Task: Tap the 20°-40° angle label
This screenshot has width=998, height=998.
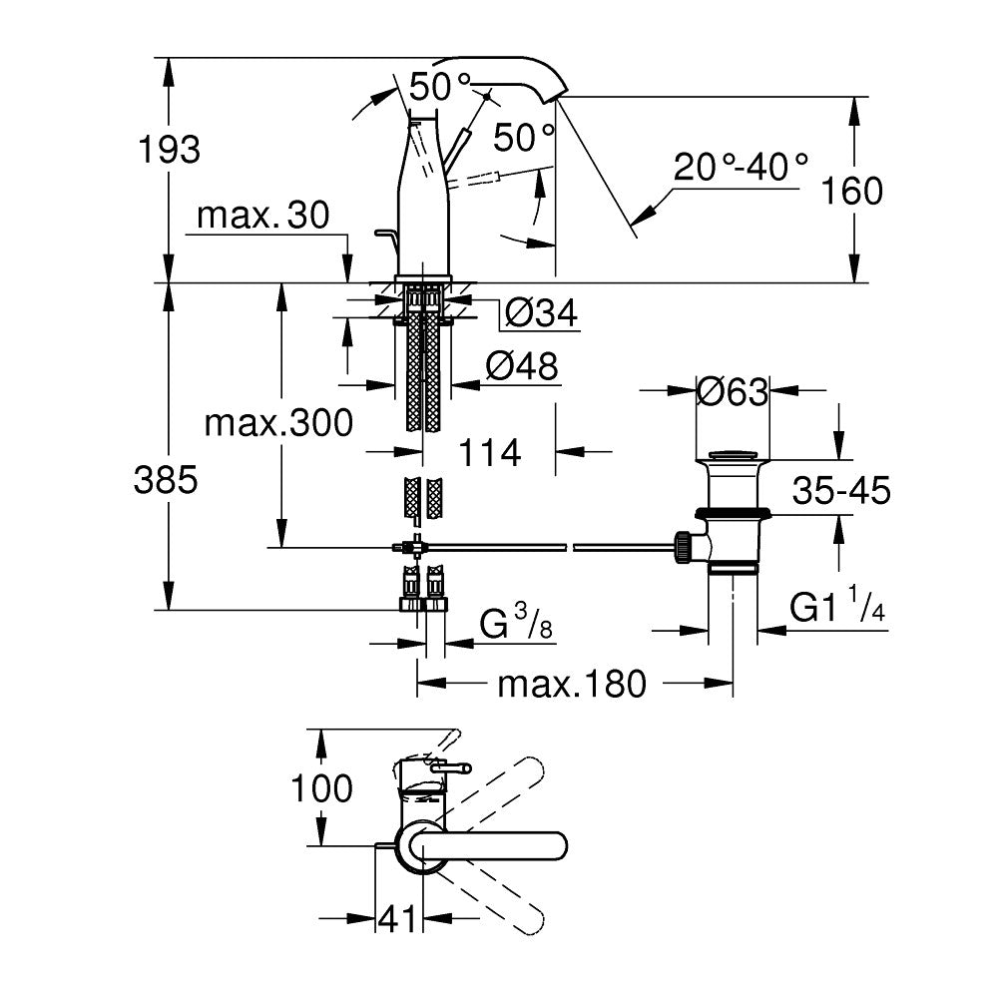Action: (x=740, y=166)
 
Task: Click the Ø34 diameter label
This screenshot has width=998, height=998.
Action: (x=541, y=313)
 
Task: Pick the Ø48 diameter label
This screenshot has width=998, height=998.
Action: (x=521, y=367)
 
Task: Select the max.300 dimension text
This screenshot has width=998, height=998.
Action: (x=278, y=423)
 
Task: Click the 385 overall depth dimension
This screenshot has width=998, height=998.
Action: (x=168, y=482)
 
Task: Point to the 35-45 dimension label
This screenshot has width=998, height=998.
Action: (x=841, y=490)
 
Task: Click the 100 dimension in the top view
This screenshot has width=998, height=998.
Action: (x=321, y=788)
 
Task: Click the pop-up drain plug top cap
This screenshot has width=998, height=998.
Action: (x=734, y=457)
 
